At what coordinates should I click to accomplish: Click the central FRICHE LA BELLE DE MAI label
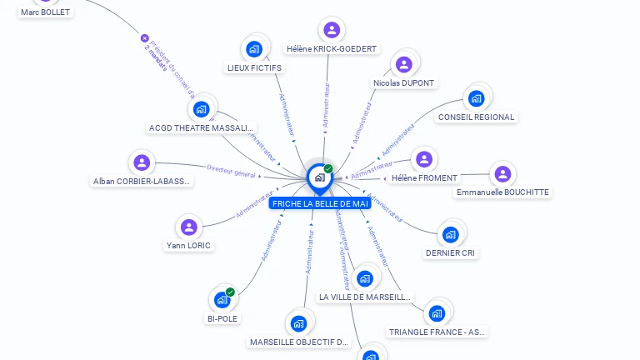pyautogui.click(x=320, y=203)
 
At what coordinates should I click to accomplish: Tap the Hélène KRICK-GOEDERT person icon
pyautogui.click(x=332, y=30)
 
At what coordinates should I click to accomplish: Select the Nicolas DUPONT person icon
pyautogui.click(x=404, y=64)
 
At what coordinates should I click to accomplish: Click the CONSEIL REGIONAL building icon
pyautogui.click(x=476, y=98)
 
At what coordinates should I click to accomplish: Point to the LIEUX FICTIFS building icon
pyautogui.click(x=254, y=48)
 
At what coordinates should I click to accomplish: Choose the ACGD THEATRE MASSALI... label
pyautogui.click(x=201, y=128)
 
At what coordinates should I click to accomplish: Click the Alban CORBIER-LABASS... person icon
pyautogui.click(x=142, y=162)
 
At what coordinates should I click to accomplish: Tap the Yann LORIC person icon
pyautogui.click(x=189, y=227)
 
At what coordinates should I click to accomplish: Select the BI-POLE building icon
pyautogui.click(x=222, y=299)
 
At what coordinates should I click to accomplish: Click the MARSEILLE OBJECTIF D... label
pyautogui.click(x=299, y=342)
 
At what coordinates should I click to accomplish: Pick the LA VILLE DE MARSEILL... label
pyautogui.click(x=365, y=297)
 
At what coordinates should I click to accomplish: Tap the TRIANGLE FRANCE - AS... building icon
pyautogui.click(x=437, y=313)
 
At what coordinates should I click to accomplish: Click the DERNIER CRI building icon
pyautogui.click(x=451, y=234)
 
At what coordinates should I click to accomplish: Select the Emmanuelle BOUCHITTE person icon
pyautogui.click(x=502, y=173)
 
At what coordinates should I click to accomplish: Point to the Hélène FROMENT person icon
pyautogui.click(x=424, y=159)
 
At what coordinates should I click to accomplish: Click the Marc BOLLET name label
pyautogui.click(x=46, y=12)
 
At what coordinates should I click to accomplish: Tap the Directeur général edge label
pyautogui.click(x=231, y=170)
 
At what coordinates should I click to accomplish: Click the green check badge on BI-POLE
pyautogui.click(x=230, y=292)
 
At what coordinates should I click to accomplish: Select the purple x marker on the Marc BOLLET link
pyautogui.click(x=144, y=38)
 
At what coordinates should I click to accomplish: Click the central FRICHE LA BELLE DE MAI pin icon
pyautogui.click(x=319, y=177)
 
